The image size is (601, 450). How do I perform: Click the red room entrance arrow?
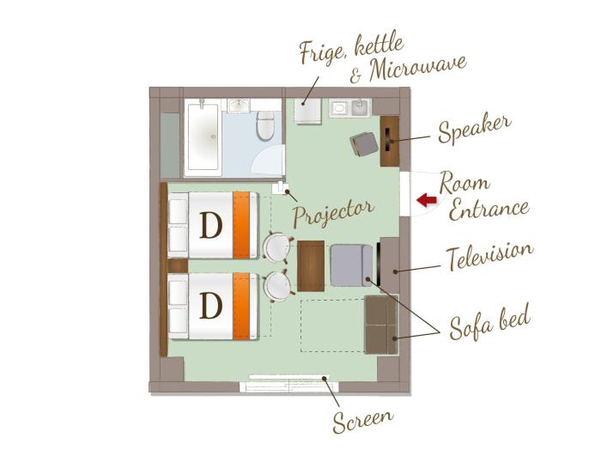click(427, 200)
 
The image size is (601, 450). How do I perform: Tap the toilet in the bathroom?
click(265, 125)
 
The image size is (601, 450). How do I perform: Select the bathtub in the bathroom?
click(203, 137)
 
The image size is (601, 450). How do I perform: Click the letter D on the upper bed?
click(211, 225)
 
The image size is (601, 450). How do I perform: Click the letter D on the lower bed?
click(211, 306)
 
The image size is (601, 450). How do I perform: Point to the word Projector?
click(333, 213)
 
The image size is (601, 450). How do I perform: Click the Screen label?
click(362, 421)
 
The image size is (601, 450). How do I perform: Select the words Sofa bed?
click(490, 323)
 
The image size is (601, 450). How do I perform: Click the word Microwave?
click(418, 69)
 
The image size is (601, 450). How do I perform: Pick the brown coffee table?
click(311, 265)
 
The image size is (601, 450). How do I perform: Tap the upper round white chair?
click(276, 247)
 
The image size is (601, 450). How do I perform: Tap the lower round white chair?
click(277, 286)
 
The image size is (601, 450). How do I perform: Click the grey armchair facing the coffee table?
click(351, 265)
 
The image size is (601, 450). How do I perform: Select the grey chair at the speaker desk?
click(364, 144)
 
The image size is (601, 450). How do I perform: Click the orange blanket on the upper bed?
click(241, 225)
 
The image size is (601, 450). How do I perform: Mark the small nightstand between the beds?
click(177, 265)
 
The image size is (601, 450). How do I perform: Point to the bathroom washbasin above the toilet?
click(240, 105)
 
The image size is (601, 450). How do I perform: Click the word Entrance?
click(489, 210)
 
